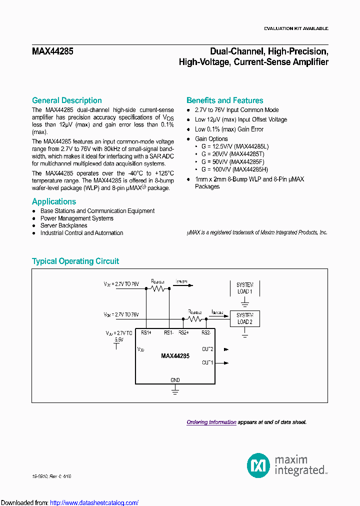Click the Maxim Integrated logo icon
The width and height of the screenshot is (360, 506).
[x=258, y=465]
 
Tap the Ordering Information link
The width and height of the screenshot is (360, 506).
[x=211, y=422]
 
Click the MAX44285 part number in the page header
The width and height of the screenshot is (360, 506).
[x=52, y=51]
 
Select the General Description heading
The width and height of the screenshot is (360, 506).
[x=66, y=100]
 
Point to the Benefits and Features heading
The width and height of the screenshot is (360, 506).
[x=224, y=100]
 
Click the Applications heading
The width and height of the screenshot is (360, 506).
[x=54, y=201]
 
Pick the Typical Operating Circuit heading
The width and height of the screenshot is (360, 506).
[x=75, y=261]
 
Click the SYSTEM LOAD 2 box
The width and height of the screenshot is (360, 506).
[x=244, y=318]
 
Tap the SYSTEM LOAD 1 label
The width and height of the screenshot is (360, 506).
[x=244, y=288]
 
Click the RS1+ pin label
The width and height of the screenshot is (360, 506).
[x=146, y=332]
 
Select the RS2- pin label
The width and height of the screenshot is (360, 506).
[x=206, y=332]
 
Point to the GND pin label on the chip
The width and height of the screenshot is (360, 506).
[x=175, y=380]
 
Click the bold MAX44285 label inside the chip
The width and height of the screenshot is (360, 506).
[x=175, y=356]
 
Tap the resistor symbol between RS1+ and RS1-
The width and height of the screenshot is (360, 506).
[x=158, y=288]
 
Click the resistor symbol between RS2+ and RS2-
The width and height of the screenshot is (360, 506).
[x=195, y=318]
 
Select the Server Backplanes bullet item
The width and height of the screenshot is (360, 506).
[x=63, y=225]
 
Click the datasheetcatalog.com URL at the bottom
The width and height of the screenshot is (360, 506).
[x=94, y=502]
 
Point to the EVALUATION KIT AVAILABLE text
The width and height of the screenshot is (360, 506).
[x=296, y=28]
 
